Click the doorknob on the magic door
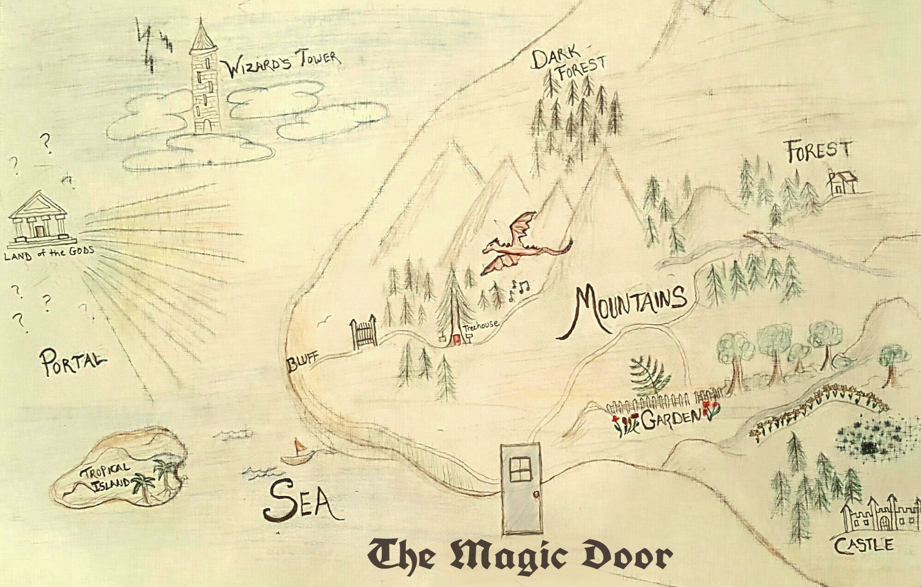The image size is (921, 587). click(536, 495)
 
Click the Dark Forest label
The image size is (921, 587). click(568, 64)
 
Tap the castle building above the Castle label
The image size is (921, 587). click(879, 515)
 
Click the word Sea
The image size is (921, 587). click(302, 501)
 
